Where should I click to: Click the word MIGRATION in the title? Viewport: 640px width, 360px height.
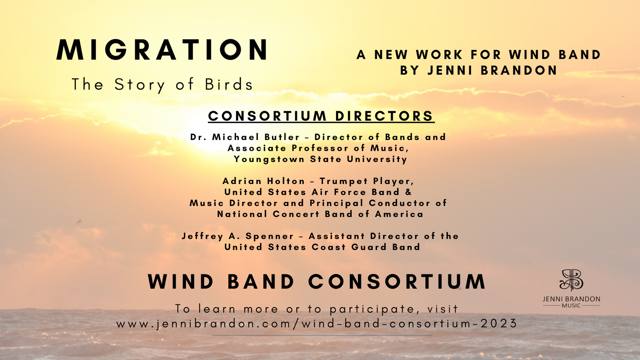pyautogui.click(x=162, y=50)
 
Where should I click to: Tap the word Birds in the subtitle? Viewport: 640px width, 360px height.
pyautogui.click(x=229, y=84)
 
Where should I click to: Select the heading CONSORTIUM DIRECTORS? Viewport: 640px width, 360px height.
pyautogui.click(x=321, y=116)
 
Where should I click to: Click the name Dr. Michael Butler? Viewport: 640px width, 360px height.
pyautogui.click(x=245, y=137)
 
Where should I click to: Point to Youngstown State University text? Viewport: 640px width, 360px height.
pyautogui.click(x=320, y=159)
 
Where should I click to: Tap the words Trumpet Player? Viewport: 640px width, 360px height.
pyautogui.click(x=366, y=181)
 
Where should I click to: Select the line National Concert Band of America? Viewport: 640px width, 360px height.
pyautogui.click(x=320, y=214)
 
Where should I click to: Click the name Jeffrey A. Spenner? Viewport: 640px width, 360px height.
pyautogui.click(x=238, y=236)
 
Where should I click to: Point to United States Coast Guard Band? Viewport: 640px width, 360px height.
pyautogui.click(x=322, y=247)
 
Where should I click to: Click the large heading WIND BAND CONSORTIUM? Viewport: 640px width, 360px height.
pyautogui.click(x=316, y=282)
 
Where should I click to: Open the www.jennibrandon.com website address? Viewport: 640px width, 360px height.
pyautogui.click(x=317, y=324)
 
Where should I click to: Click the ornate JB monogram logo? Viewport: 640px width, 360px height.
pyautogui.click(x=571, y=280)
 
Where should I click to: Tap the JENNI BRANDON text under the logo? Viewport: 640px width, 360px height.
pyautogui.click(x=571, y=299)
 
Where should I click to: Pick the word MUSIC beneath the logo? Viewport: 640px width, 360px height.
pyautogui.click(x=571, y=306)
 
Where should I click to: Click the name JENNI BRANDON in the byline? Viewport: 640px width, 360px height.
pyautogui.click(x=492, y=70)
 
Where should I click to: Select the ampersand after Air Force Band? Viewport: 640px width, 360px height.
pyautogui.click(x=408, y=192)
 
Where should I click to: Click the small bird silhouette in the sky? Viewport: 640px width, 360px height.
pyautogui.click(x=79, y=221)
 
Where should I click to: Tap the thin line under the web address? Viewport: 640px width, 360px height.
pyautogui.click(x=322, y=335)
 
